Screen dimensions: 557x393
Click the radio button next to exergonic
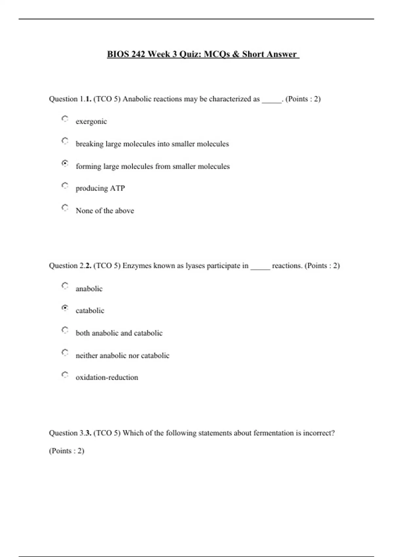click(x=65, y=119)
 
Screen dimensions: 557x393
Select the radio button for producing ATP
click(x=65, y=186)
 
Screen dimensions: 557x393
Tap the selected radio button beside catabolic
click(x=65, y=308)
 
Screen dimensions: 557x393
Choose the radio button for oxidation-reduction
click(x=65, y=375)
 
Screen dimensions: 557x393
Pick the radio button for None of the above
click(x=65, y=208)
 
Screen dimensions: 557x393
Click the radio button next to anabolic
click(x=65, y=286)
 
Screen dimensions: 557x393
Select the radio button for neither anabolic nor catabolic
click(x=65, y=353)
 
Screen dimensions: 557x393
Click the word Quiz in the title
click(x=190, y=54)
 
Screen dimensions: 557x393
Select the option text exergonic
click(x=91, y=122)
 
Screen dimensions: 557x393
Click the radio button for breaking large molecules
click(x=65, y=141)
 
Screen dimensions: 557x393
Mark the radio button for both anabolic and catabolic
click(x=65, y=330)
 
